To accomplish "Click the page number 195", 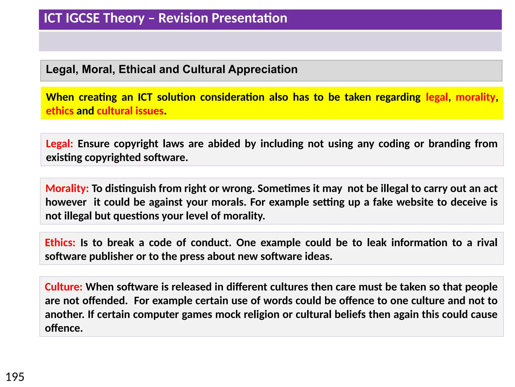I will pyautogui.click(x=15, y=377).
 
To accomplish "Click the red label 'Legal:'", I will pyautogui.click(x=59, y=144).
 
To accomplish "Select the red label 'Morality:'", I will pyautogui.click(x=67, y=188).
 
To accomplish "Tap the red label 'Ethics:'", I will pyautogui.click(x=60, y=243).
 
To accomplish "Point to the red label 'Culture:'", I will pyautogui.click(x=63, y=287).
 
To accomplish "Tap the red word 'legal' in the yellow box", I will pyautogui.click(x=437, y=97).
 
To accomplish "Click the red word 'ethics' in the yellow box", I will pyautogui.click(x=60, y=111).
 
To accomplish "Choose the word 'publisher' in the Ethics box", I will pyautogui.click(x=111, y=256).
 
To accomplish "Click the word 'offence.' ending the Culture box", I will pyautogui.click(x=64, y=328).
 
